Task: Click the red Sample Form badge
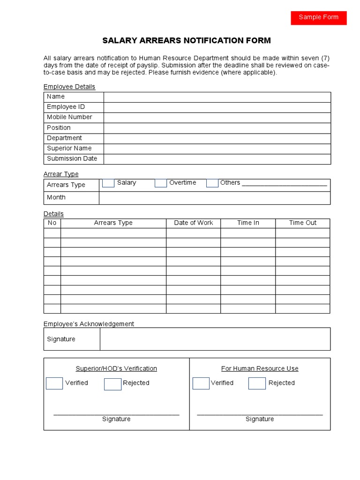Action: pos(318,17)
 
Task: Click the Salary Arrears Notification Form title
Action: pos(187,40)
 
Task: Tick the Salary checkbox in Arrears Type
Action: pos(108,183)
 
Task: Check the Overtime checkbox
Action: pos(161,183)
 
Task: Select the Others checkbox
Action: pos(212,183)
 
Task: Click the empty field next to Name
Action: pos(217,97)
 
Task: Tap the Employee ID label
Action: pos(66,107)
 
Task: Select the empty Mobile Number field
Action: pos(217,117)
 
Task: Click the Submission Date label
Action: pos(72,158)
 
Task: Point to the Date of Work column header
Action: pos(193,223)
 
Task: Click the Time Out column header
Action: pos(303,223)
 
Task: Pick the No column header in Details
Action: pos(52,223)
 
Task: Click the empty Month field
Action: pos(214,198)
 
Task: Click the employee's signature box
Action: pos(215,339)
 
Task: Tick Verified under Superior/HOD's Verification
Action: pos(54,383)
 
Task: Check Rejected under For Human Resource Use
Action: pos(257,383)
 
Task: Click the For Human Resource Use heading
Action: pos(260,368)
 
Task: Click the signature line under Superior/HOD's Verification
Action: pos(116,413)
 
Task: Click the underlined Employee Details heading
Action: pos(69,87)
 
